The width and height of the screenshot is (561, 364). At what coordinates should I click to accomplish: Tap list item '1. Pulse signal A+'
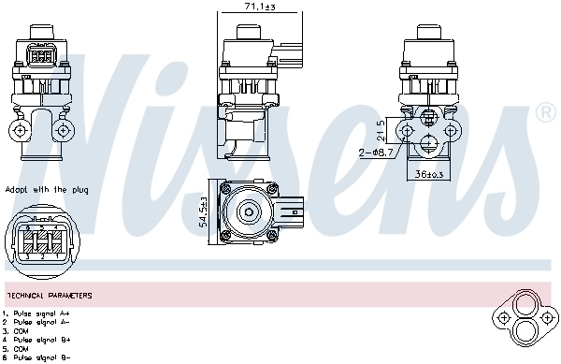(38, 313)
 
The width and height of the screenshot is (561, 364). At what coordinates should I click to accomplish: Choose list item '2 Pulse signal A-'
(38, 322)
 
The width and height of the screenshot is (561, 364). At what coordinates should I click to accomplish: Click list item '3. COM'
(20, 330)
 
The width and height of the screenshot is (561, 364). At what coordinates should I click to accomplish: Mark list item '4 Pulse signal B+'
(38, 340)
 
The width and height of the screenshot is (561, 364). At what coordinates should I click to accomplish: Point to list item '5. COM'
(20, 348)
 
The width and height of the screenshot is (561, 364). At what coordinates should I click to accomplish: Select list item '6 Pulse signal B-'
(38, 357)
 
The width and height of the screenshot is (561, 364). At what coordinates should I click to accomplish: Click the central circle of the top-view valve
(251, 211)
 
